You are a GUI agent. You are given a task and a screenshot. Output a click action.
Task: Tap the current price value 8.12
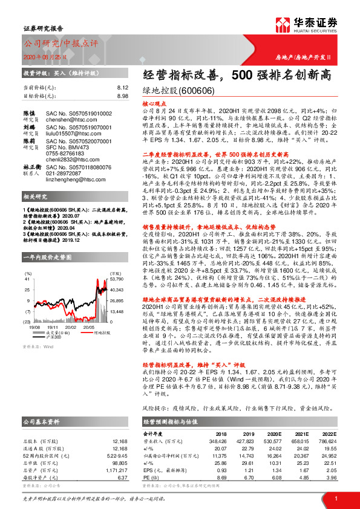click(x=123, y=88)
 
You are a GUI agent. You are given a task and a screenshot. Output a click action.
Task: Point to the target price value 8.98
click(x=123, y=96)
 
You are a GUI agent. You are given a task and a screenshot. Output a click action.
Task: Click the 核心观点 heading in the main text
click(x=155, y=104)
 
